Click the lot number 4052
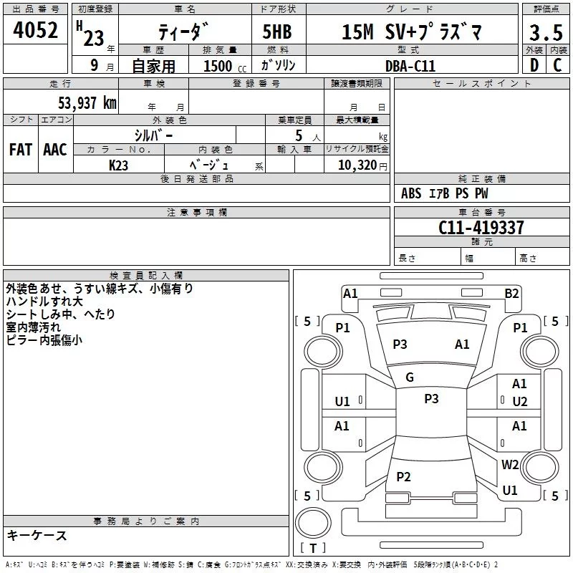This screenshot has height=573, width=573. [x=35, y=30]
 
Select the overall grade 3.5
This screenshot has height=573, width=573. [x=546, y=32]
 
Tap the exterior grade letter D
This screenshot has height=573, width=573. [x=534, y=65]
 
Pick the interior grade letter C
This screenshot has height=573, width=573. [x=557, y=65]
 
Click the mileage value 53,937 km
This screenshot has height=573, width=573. [x=87, y=102]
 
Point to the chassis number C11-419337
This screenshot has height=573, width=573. [x=481, y=227]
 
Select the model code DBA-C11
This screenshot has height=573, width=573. [x=410, y=66]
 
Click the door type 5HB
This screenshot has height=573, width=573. [x=277, y=32]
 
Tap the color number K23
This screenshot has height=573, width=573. [x=118, y=165]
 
